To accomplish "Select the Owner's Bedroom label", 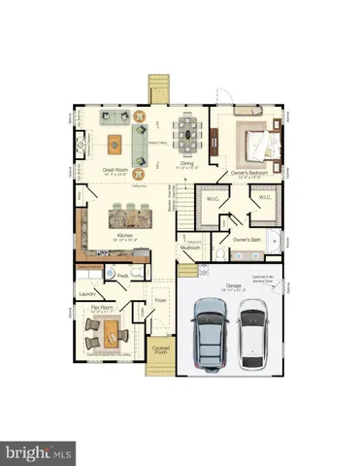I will tap(250, 174).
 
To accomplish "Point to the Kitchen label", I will tap(125, 235).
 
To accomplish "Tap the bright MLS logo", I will tap(39, 451).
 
